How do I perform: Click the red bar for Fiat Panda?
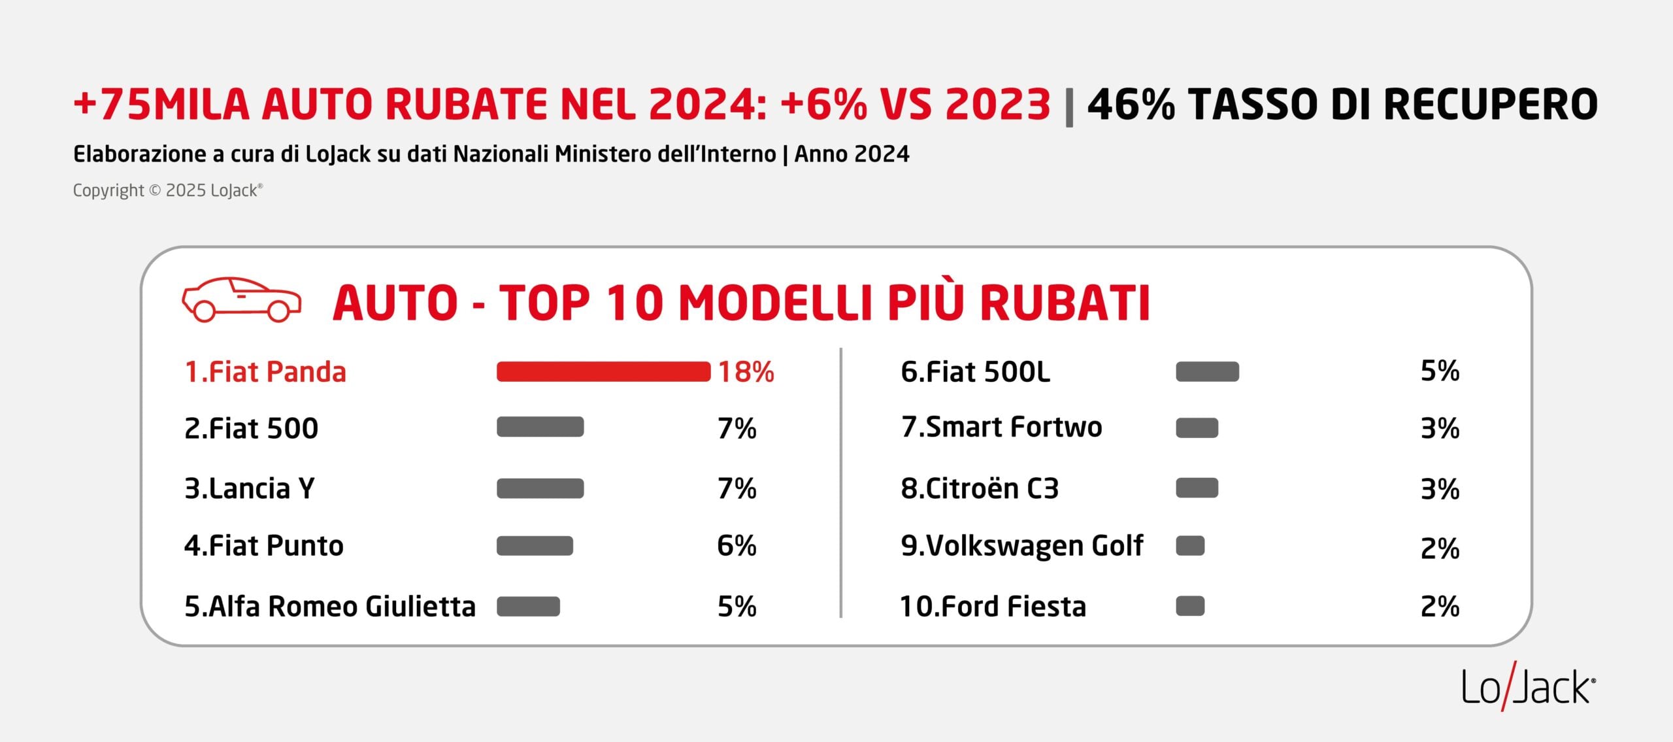point(603,371)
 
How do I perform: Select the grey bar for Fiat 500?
point(540,427)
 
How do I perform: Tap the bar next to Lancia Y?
point(540,488)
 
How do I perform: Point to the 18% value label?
point(746,372)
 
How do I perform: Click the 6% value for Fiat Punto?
point(737,545)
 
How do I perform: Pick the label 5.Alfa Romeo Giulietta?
point(330,607)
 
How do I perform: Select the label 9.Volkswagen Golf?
point(1021,546)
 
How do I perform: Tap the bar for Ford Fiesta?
point(1189,606)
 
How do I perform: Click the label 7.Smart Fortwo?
point(1001,427)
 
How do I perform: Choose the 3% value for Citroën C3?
point(1440,489)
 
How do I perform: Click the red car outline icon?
point(241,299)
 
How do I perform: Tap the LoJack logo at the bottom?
point(1528,688)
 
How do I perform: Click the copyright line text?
point(167,190)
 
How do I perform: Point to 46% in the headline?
point(1131,105)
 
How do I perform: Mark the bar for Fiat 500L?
point(1207,371)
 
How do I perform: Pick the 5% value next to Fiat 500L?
point(1440,371)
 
